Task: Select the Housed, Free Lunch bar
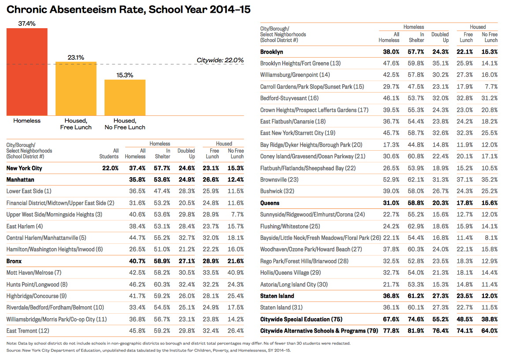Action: point(76,89)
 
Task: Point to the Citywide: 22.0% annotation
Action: point(220,60)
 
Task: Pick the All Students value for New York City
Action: point(111,168)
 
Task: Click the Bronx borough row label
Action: point(14,261)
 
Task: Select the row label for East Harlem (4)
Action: point(25,226)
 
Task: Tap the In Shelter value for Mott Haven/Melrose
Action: point(161,273)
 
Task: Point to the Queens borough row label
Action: point(270,203)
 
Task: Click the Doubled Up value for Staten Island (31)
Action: point(440,308)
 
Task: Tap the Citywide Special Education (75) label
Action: point(301,319)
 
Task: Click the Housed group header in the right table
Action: point(478,27)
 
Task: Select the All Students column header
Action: point(109,153)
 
